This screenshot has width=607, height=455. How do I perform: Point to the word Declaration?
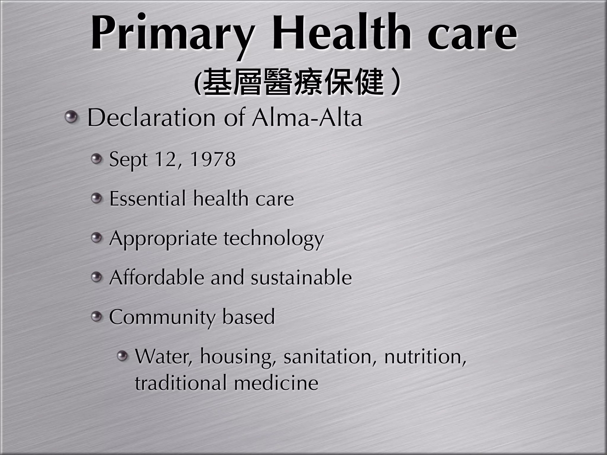(x=151, y=118)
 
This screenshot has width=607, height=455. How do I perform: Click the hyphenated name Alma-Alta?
(x=307, y=118)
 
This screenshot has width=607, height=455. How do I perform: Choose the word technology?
(x=274, y=239)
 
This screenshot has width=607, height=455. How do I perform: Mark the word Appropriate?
(x=163, y=239)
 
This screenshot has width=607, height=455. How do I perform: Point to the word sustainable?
(x=301, y=278)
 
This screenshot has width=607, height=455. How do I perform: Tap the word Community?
(x=162, y=317)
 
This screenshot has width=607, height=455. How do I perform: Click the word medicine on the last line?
(x=276, y=382)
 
